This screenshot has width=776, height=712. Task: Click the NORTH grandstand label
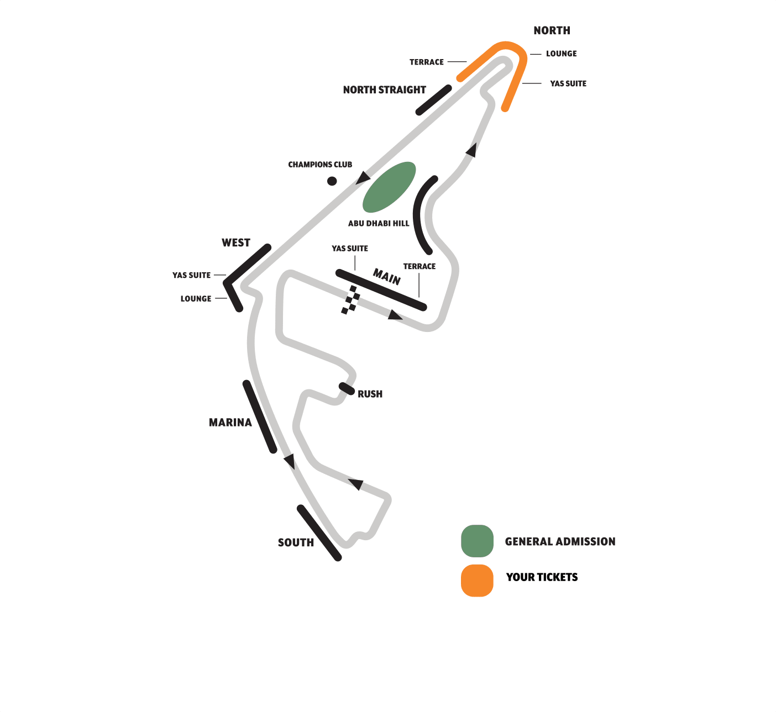tap(552, 31)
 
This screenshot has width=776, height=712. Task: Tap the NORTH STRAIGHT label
tap(384, 90)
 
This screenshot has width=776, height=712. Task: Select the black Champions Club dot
tap(332, 181)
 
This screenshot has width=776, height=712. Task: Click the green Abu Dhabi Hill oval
tap(389, 187)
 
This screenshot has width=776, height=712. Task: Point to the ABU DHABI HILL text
tap(379, 224)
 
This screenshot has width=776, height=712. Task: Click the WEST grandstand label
tap(236, 243)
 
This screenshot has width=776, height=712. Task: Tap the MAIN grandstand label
tap(387, 276)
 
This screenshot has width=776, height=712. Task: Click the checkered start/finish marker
tap(350, 300)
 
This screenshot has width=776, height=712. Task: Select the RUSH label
tap(370, 394)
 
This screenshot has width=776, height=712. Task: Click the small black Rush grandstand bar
tap(347, 388)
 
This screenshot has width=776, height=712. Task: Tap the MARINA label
tap(230, 423)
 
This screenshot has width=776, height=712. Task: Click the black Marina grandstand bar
tap(260, 416)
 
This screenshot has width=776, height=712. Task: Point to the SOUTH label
tap(296, 543)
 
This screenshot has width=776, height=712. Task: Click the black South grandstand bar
tap(319, 533)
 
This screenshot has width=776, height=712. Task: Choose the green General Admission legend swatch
tap(477, 541)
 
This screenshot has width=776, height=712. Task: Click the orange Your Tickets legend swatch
tap(477, 581)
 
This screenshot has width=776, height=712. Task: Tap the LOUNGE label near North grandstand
tap(561, 54)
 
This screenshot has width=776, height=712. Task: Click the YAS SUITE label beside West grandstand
tap(191, 275)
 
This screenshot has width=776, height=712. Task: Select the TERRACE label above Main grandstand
tap(419, 266)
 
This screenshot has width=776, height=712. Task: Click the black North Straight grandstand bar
tap(433, 100)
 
